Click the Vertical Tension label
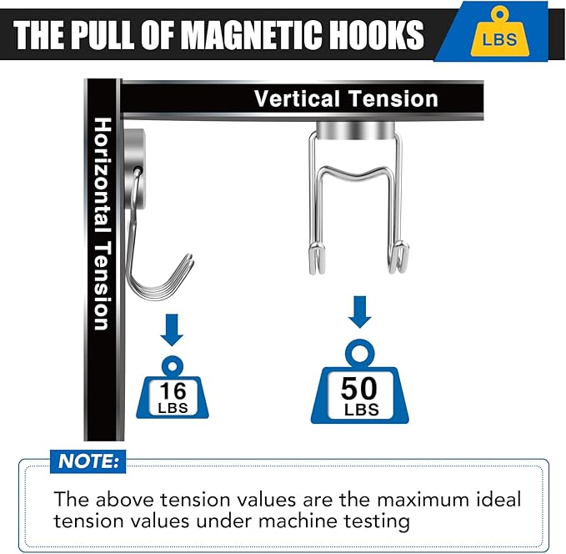(x=346, y=98)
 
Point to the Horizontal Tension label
(x=103, y=224)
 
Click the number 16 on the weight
(x=173, y=390)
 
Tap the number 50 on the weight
(x=358, y=388)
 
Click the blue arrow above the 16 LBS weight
(x=172, y=330)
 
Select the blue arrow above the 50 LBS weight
(x=359, y=312)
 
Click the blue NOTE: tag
(x=88, y=461)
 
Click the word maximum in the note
(x=423, y=500)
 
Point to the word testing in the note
(x=377, y=522)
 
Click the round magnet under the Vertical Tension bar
(x=356, y=130)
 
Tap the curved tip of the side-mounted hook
(x=188, y=258)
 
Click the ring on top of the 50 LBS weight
(x=359, y=353)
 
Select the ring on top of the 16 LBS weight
(x=173, y=367)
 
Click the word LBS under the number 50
(x=362, y=410)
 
